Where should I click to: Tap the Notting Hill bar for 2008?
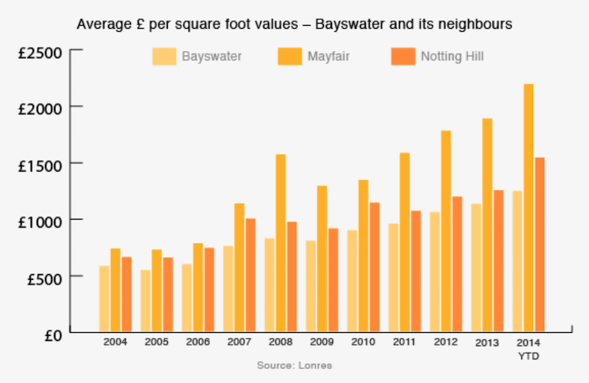point(292,276)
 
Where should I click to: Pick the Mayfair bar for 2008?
point(281,243)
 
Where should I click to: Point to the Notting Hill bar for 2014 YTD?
point(539,244)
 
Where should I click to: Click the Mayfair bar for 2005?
point(157,290)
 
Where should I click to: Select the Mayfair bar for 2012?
point(445,231)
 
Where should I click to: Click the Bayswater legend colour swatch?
point(165,57)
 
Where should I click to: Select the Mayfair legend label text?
point(329,57)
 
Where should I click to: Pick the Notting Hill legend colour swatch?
point(404,57)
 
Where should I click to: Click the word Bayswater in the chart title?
point(346,24)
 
